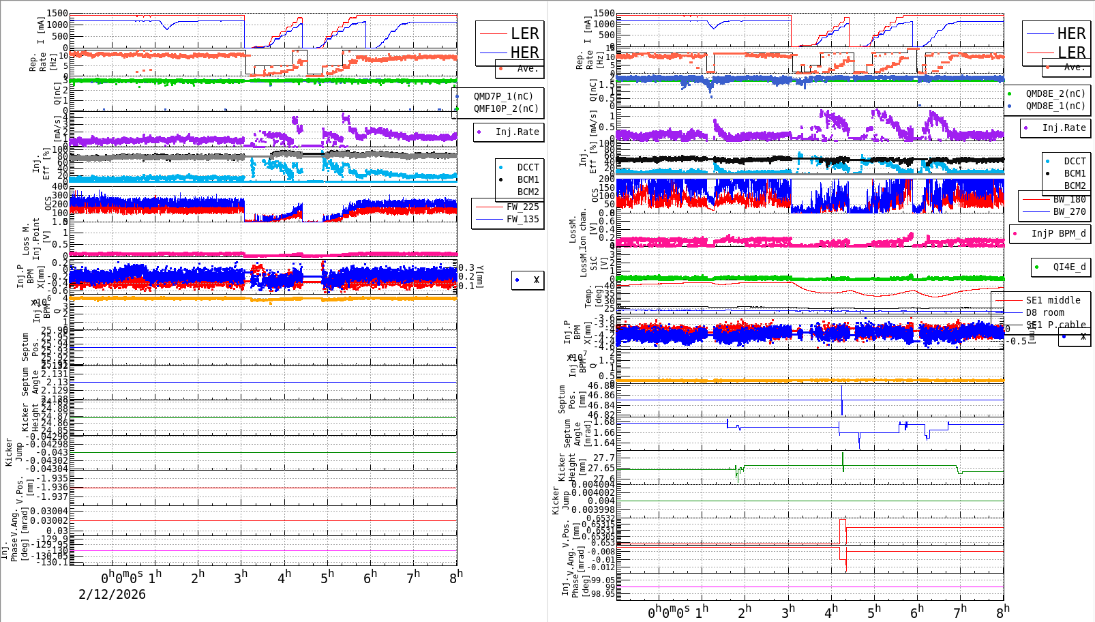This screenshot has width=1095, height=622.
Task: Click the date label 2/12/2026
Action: (112, 594)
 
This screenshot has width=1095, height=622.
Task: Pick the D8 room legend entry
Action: (1045, 312)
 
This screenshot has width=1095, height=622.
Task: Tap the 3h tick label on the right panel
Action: (788, 611)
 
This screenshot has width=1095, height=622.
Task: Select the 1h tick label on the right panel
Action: (702, 611)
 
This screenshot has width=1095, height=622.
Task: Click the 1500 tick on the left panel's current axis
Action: (58, 14)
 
